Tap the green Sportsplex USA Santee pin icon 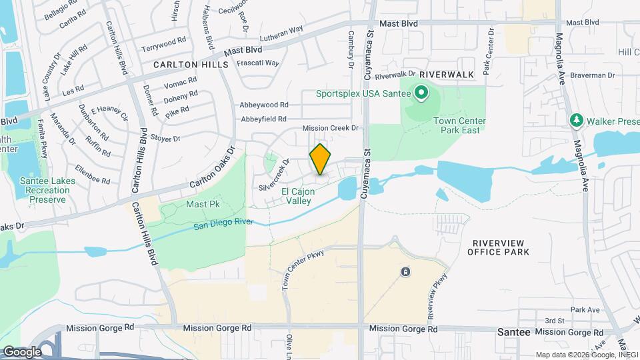[421, 93]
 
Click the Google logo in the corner [22, 351]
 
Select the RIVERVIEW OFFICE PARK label [499, 247]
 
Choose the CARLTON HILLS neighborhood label [191, 65]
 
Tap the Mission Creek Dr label [331, 127]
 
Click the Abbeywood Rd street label [265, 105]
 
